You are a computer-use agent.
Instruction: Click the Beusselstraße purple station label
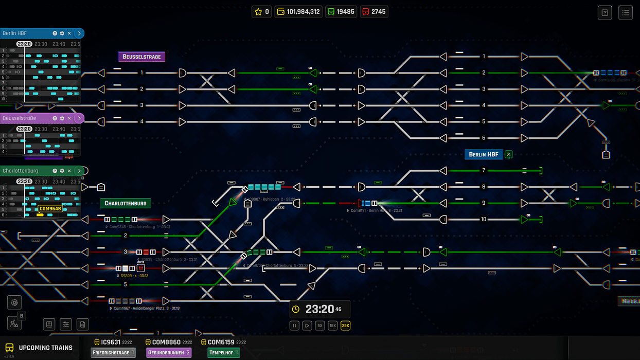(141, 57)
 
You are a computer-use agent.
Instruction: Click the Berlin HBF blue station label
(484, 154)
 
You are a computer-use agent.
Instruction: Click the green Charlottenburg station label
(126, 203)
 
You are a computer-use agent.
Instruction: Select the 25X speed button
(345, 326)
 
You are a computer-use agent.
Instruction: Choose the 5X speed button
(319, 326)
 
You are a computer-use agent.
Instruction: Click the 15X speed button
(332, 326)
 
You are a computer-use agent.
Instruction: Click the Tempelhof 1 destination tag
(223, 353)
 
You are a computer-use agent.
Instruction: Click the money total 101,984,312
(298, 11)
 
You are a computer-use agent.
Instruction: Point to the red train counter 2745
(374, 11)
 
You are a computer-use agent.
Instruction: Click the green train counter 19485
(341, 11)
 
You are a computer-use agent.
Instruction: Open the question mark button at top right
(605, 13)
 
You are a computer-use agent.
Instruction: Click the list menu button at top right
(626, 13)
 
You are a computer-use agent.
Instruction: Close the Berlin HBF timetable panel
(69, 33)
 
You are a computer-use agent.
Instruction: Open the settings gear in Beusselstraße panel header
(62, 118)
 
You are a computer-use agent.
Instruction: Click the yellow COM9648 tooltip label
(50, 209)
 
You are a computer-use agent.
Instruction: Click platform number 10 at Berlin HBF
(484, 220)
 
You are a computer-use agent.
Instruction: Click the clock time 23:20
(319, 309)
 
